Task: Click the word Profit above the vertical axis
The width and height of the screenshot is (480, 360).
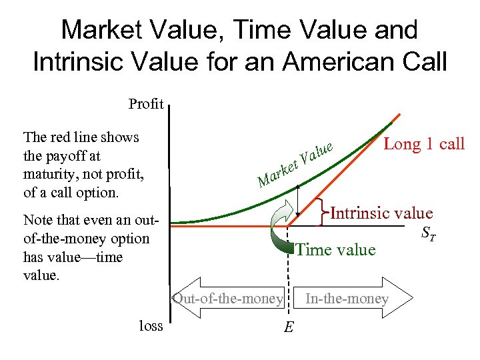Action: (146, 104)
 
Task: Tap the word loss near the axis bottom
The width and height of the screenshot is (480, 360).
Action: (151, 325)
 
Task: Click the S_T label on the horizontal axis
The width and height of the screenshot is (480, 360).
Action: (427, 234)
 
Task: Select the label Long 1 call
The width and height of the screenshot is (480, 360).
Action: (423, 144)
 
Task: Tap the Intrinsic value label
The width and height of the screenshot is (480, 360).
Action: (381, 213)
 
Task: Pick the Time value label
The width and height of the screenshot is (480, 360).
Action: (335, 249)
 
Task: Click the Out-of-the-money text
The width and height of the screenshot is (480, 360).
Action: (227, 299)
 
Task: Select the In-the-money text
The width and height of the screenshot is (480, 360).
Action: (346, 299)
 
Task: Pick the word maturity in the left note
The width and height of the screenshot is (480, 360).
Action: (49, 175)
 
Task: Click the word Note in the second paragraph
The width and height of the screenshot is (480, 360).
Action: (37, 220)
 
